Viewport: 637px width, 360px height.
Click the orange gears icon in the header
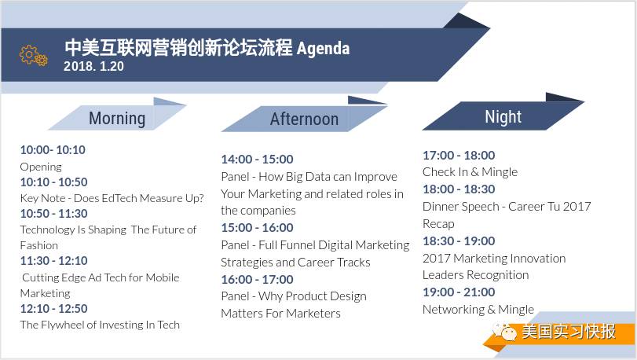tap(33, 56)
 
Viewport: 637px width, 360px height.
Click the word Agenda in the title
tap(323, 49)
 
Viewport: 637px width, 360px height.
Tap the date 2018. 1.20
tap(93, 66)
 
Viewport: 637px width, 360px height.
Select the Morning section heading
tap(117, 118)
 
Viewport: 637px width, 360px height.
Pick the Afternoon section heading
tap(304, 119)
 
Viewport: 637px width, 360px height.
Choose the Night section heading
tap(503, 117)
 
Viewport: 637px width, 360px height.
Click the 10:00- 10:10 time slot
tap(53, 150)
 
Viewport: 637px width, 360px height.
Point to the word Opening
tap(41, 167)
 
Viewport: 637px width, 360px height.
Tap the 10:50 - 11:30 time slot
tap(54, 214)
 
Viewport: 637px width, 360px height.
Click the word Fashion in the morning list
tap(39, 245)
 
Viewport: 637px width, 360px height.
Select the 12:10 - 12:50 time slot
tap(54, 309)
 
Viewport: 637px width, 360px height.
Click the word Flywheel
tap(63, 325)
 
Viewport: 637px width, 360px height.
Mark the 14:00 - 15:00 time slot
tap(257, 160)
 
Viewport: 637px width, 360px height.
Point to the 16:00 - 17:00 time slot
tap(257, 280)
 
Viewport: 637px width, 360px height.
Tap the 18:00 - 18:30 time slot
tap(459, 189)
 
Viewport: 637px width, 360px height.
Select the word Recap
tap(439, 224)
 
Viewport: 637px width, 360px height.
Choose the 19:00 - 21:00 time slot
tap(459, 292)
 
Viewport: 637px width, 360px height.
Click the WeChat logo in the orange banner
tap(503, 332)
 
